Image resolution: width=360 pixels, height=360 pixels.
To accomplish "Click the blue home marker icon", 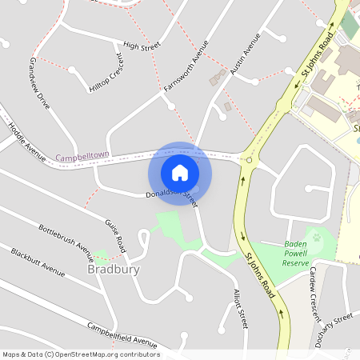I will pos(180,173).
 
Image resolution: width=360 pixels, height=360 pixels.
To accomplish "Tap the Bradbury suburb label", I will pos(113,270).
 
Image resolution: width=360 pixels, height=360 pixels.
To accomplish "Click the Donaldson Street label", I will pos(171,194).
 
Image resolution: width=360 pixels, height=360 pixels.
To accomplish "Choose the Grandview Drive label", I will pos(40,83).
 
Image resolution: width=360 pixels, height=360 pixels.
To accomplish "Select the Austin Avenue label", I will pos(245,55).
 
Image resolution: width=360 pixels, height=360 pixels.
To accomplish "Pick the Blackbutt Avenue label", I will pos(38,261).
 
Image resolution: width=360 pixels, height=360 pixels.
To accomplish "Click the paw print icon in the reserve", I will pos(317,237).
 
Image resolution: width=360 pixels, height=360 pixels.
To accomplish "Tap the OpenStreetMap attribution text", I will pos(82,354).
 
